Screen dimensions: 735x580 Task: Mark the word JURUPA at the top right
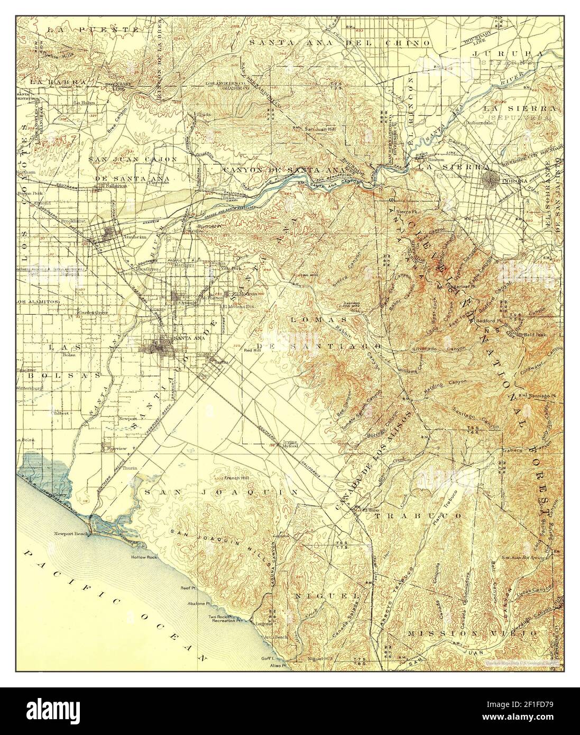[507, 53]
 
